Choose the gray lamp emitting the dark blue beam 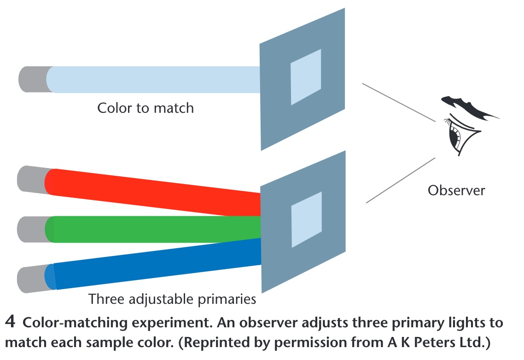pyautogui.click(x=32, y=279)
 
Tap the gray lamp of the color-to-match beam pyautogui.click(x=32, y=79)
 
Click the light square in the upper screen pyautogui.click(x=306, y=77)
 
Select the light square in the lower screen pyautogui.click(x=306, y=219)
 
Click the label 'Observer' pyautogui.click(x=456, y=190)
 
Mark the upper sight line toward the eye pyautogui.click(x=398, y=103)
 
